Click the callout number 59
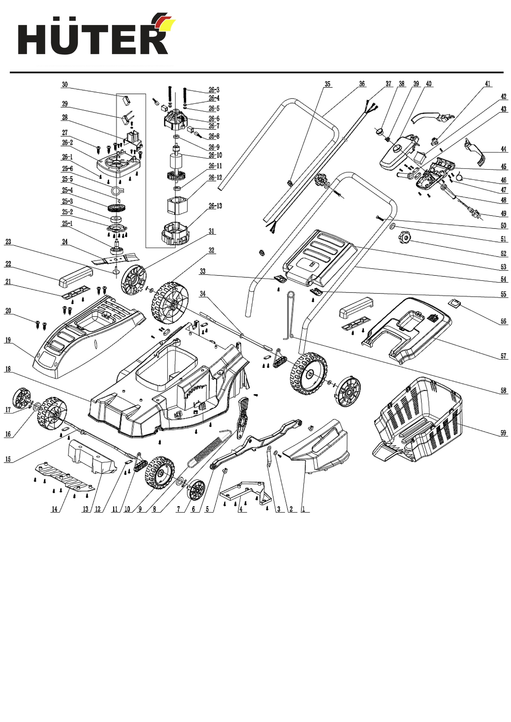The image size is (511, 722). [x=503, y=433]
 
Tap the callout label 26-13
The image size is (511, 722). [x=215, y=206]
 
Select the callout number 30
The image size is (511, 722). [x=65, y=84]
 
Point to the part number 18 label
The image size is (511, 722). [x=8, y=369]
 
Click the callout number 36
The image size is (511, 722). [x=362, y=84]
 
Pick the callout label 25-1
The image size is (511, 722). [x=67, y=224]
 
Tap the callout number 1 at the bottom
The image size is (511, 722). [x=303, y=509]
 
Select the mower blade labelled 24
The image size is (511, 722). [x=115, y=259]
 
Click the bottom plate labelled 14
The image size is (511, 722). [x=65, y=475]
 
